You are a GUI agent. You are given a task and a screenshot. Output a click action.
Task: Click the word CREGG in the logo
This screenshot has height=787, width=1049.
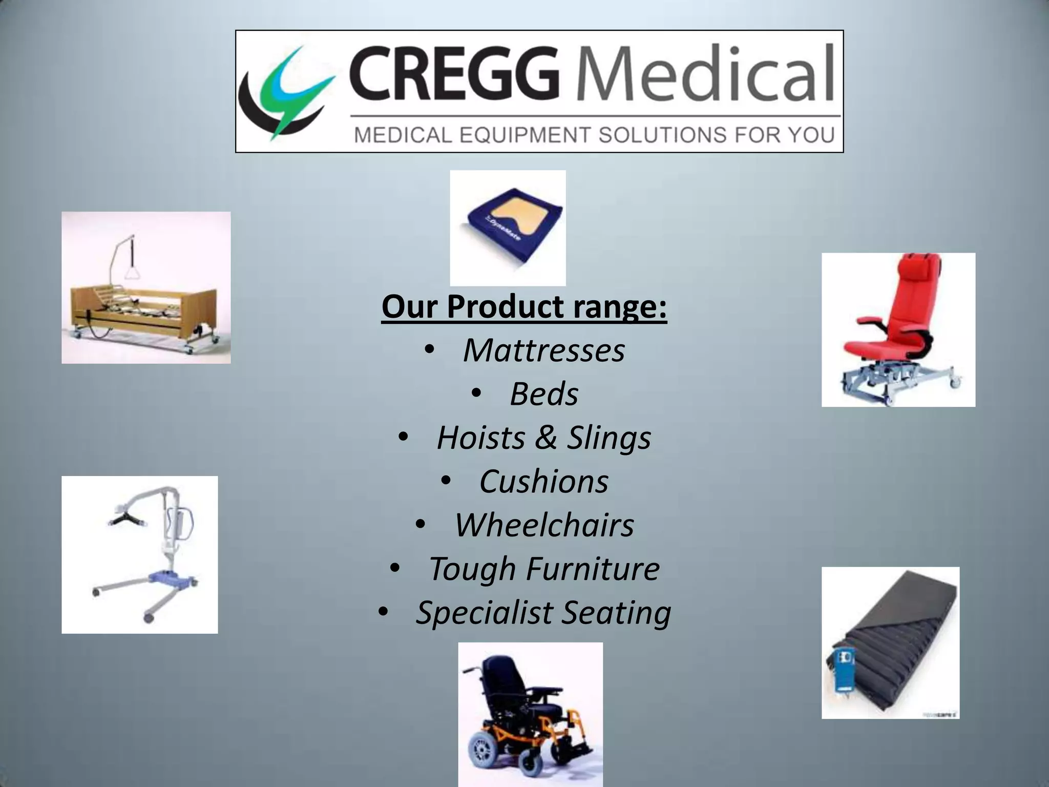(453, 73)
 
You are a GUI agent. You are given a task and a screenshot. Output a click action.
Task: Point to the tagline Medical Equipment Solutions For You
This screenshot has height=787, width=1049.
(595, 135)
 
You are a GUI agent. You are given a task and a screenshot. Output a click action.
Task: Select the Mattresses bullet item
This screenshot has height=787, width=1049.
(543, 350)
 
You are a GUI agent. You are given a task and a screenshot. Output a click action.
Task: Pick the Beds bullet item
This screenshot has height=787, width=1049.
(543, 394)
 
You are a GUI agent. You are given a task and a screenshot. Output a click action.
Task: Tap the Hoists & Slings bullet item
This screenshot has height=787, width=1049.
(543, 438)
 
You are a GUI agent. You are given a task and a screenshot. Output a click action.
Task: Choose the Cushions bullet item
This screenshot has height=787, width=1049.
(543, 482)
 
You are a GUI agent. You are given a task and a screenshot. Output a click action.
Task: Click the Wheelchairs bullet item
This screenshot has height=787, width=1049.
(543, 525)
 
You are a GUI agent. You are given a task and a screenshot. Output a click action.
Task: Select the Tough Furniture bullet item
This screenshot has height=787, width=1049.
(543, 569)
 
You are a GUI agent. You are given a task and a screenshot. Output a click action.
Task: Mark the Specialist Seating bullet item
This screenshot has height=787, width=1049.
(543, 613)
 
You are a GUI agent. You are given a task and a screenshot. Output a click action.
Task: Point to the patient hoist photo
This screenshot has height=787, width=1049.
(139, 554)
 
